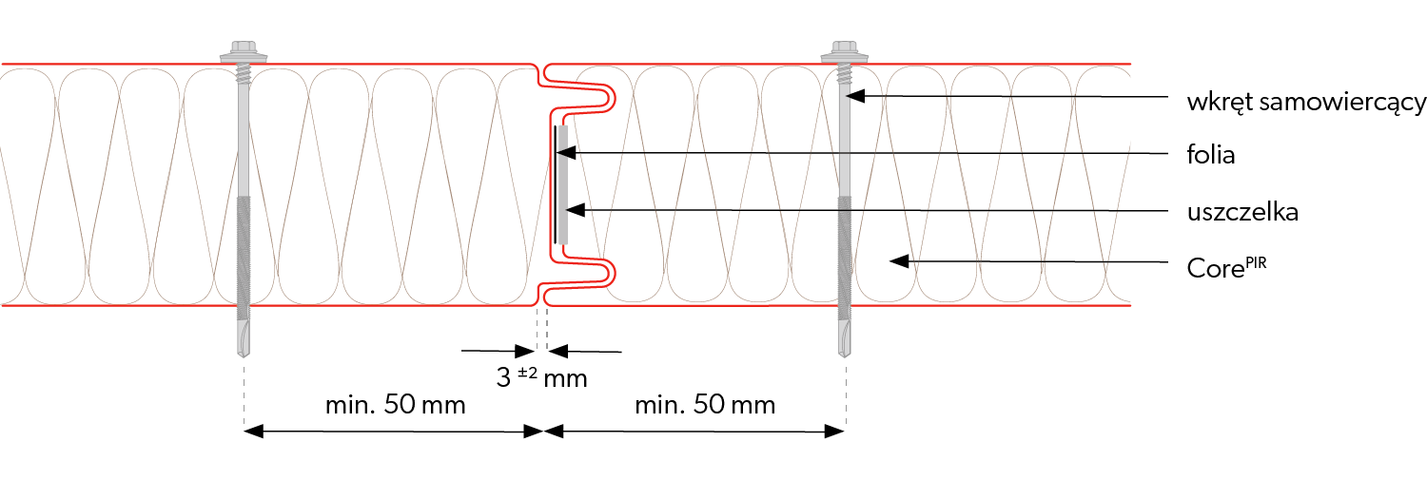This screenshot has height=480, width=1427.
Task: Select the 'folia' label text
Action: (1210, 155)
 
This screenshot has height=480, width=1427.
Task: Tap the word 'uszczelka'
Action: (1242, 212)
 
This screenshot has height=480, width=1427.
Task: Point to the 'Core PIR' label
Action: (1226, 267)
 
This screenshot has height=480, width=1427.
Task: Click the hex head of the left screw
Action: (244, 49)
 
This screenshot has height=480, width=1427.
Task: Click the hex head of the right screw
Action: (844, 49)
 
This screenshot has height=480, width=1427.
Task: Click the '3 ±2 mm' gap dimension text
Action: (541, 377)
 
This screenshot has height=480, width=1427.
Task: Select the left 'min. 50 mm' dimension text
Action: (395, 405)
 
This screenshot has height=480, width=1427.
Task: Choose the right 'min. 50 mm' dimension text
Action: (705, 405)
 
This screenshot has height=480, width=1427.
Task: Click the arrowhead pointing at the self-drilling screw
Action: (855, 96)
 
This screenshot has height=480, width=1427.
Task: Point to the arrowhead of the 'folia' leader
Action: (566, 152)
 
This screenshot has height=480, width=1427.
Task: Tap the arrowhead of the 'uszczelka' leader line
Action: (576, 209)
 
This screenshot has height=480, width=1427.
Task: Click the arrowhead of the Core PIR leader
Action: (899, 260)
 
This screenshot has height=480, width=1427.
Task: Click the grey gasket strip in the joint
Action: (563, 184)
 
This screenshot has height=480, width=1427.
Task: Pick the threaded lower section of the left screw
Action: (244, 258)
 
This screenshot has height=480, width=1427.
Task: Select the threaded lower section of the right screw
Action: (844, 258)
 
